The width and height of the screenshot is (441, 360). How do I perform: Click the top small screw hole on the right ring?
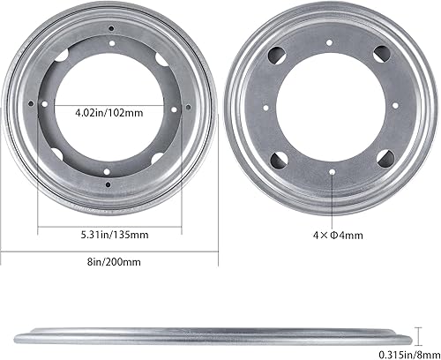(x=329, y=42)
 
